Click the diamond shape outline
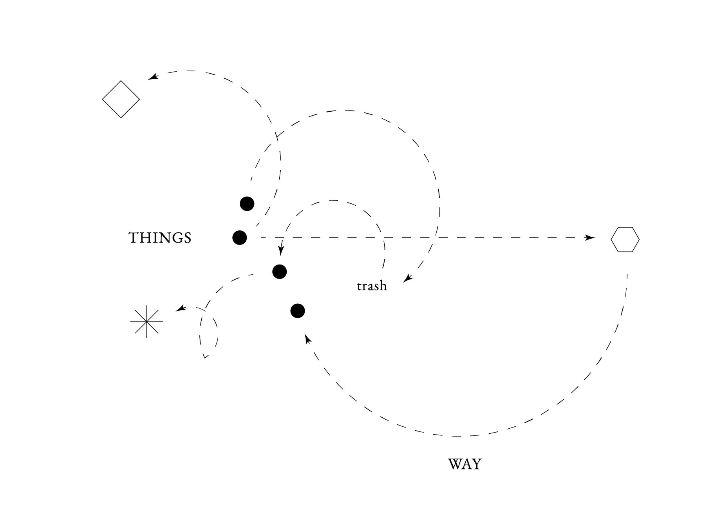121,99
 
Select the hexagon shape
625,239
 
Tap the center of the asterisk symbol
146,321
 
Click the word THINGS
160,238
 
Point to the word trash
372,286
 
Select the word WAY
465,464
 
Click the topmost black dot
247,204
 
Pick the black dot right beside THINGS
239,237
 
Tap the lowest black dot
298,311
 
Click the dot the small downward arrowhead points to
279,271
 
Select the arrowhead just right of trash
408,279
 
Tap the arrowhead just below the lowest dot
308,339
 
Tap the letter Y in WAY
476,464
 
